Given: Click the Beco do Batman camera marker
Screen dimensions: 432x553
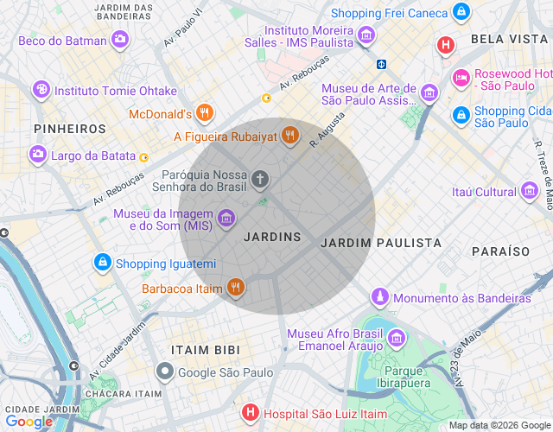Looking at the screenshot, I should click(120, 40).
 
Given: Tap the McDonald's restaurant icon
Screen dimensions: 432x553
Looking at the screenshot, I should click(204, 113).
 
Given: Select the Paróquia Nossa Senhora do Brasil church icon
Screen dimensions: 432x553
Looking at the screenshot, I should click(260, 179).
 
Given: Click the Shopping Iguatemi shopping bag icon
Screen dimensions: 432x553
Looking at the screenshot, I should click(103, 263).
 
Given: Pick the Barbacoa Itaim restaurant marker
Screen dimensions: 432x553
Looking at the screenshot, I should click(235, 288).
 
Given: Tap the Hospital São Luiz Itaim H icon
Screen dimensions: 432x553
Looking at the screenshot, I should click(250, 414).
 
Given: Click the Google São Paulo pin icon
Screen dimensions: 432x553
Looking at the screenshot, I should click(165, 372).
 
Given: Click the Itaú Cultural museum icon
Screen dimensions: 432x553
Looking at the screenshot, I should click(531, 192).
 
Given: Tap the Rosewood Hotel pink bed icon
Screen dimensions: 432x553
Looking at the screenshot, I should click(461, 78).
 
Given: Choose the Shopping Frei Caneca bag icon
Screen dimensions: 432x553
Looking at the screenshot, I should click(461, 12).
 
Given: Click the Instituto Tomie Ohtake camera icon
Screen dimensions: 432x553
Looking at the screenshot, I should click(41, 90).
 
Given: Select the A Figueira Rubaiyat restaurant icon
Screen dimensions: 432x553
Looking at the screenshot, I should click(289, 136).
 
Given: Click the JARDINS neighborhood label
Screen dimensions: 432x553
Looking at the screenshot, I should click(272, 237).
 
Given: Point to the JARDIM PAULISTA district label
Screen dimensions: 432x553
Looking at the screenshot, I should click(380, 244).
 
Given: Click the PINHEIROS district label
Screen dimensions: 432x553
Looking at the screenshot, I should click(70, 129).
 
